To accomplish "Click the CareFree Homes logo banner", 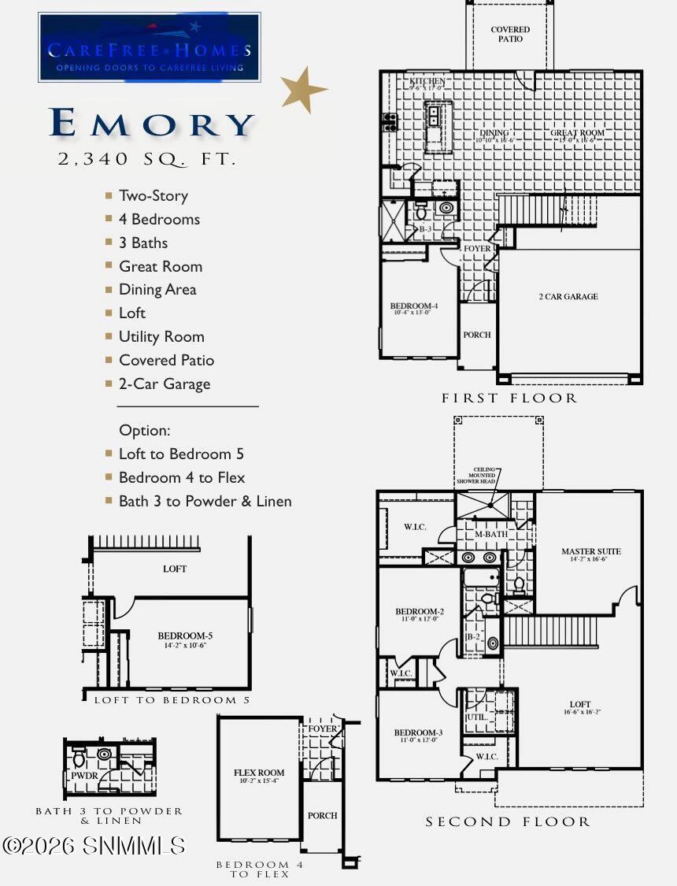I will click(149, 47).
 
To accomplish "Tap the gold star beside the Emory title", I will click(305, 90).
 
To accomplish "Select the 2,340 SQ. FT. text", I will click(147, 159).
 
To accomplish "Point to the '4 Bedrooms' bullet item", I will click(159, 219).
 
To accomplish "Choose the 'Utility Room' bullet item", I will click(161, 336).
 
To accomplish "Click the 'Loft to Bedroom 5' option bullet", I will click(181, 454).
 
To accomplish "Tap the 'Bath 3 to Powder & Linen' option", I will click(205, 501).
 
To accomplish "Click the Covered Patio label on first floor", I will click(510, 34).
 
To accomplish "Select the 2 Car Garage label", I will click(568, 297).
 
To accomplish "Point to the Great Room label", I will click(578, 134).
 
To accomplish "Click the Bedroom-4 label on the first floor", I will click(413, 306).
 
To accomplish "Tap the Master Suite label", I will click(590, 552).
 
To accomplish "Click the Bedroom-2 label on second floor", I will click(420, 612).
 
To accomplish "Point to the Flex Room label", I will click(259, 773).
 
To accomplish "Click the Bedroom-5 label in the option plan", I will click(185, 636).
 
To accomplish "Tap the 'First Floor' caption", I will click(509, 399).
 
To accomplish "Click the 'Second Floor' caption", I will click(508, 822).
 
